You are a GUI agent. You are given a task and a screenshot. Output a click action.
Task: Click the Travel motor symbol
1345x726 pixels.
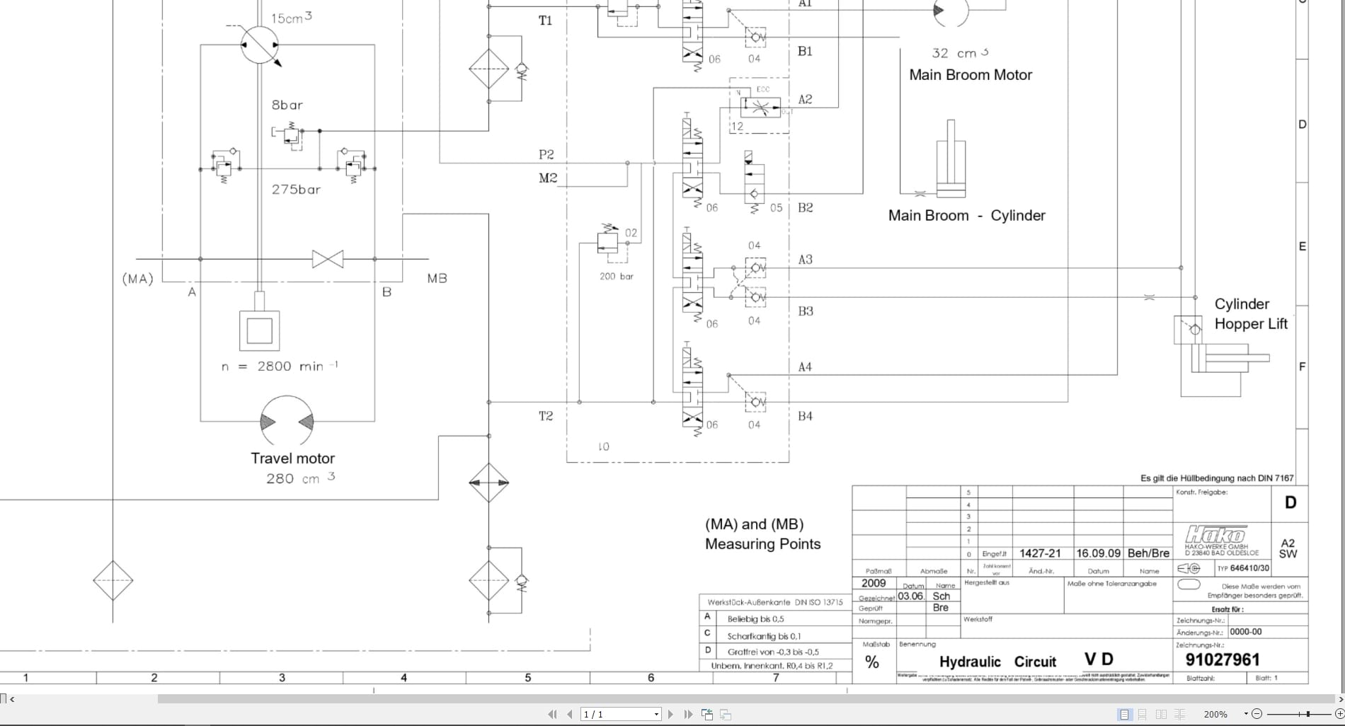[287, 422]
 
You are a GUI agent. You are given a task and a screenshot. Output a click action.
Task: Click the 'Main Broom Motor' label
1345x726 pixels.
[971, 75]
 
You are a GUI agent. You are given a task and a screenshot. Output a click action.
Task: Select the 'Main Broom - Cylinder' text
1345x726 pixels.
[966, 216]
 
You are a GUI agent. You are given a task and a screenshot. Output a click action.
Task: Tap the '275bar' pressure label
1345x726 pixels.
[296, 190]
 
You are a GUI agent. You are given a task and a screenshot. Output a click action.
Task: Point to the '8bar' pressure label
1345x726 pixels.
[287, 105]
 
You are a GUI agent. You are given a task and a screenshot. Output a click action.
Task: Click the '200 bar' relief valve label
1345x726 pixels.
[616, 277]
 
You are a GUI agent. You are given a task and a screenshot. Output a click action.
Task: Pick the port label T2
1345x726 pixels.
[545, 416]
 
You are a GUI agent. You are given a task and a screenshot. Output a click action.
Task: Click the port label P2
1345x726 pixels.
[546, 154]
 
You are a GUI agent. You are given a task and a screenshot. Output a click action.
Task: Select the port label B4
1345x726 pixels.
[805, 416]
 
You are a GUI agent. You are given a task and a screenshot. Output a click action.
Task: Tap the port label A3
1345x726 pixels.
[805, 260]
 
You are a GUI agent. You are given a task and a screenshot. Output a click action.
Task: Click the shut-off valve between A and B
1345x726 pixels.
[328, 259]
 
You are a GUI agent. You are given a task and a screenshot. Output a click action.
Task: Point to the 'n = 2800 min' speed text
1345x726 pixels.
[280, 367]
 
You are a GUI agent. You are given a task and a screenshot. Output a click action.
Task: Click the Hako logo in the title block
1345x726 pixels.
[1215, 534]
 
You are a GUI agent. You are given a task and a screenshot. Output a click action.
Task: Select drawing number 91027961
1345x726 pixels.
[1223, 660]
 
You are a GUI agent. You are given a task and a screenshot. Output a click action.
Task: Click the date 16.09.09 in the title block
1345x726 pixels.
[1098, 553]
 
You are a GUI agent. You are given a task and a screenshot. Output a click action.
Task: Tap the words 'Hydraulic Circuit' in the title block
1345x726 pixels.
[997, 662]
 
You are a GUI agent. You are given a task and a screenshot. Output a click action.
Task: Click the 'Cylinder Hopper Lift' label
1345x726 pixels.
[1250, 314]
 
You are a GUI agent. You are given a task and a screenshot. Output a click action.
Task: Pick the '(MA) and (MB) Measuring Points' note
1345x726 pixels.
[762, 534]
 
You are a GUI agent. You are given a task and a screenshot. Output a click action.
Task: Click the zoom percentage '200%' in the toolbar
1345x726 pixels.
[1215, 715]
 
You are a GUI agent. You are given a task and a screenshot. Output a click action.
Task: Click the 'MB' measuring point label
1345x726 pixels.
[437, 279]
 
